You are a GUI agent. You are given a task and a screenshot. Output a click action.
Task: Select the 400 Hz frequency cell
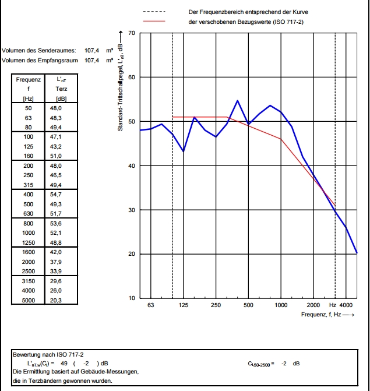(28, 193)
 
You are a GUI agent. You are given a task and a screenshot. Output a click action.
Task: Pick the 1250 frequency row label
(28, 242)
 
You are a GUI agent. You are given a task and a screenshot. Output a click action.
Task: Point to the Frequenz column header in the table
(28, 79)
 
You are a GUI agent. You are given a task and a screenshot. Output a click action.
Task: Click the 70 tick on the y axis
(132, 34)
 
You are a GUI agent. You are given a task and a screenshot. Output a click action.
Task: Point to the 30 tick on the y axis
(132, 210)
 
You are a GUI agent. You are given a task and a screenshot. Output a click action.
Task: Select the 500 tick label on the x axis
(248, 305)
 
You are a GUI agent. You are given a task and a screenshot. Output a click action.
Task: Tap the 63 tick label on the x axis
(151, 305)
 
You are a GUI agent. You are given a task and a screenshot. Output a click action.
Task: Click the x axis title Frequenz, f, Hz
(327, 315)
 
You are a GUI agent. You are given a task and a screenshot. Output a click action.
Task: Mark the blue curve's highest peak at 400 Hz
(238, 101)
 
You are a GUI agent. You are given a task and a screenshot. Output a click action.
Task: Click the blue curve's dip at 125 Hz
(184, 152)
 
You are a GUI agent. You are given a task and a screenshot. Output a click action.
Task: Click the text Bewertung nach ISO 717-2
(48, 354)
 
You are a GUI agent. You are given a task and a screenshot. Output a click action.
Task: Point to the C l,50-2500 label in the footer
(260, 364)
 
